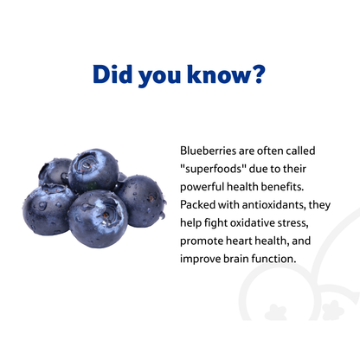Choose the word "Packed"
pos(200,204)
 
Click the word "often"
pos(271,149)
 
